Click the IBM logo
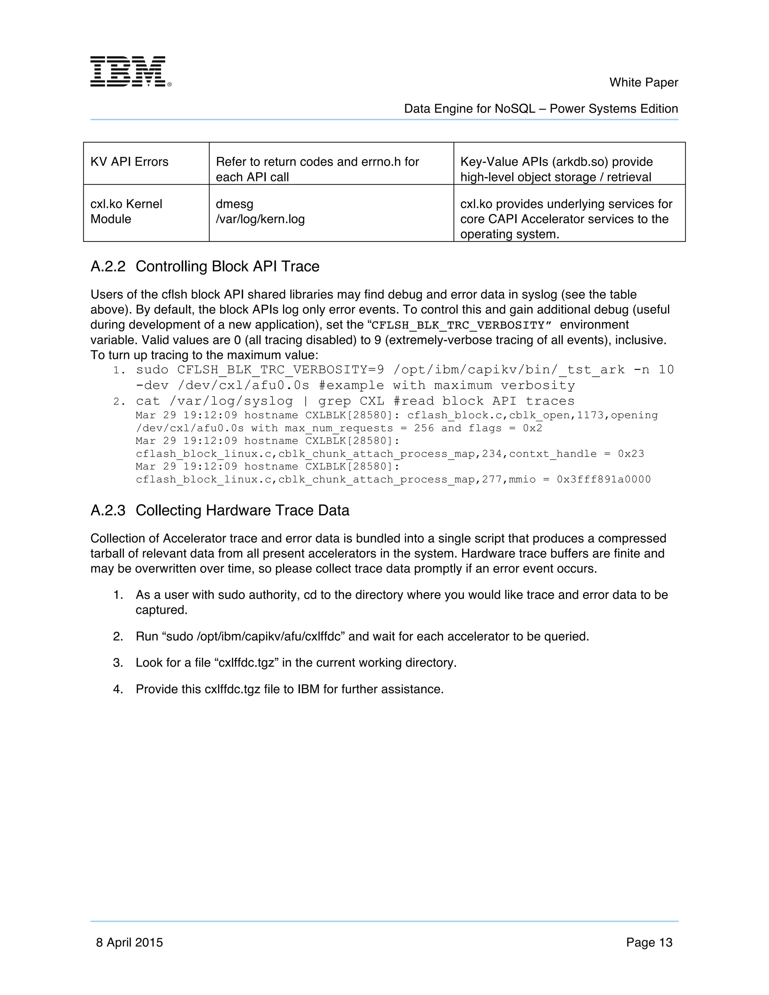click(x=130, y=71)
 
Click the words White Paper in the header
click(x=643, y=83)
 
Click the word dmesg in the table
click(x=234, y=204)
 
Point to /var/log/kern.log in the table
click(x=260, y=219)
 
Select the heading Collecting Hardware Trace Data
click(x=242, y=510)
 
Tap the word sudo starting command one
click(x=152, y=369)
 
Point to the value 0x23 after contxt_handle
click(x=631, y=454)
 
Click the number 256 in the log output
click(x=424, y=428)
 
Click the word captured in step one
click(x=161, y=610)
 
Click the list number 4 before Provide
click(x=118, y=689)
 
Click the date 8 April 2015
click(x=130, y=942)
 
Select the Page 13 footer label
click(x=649, y=942)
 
